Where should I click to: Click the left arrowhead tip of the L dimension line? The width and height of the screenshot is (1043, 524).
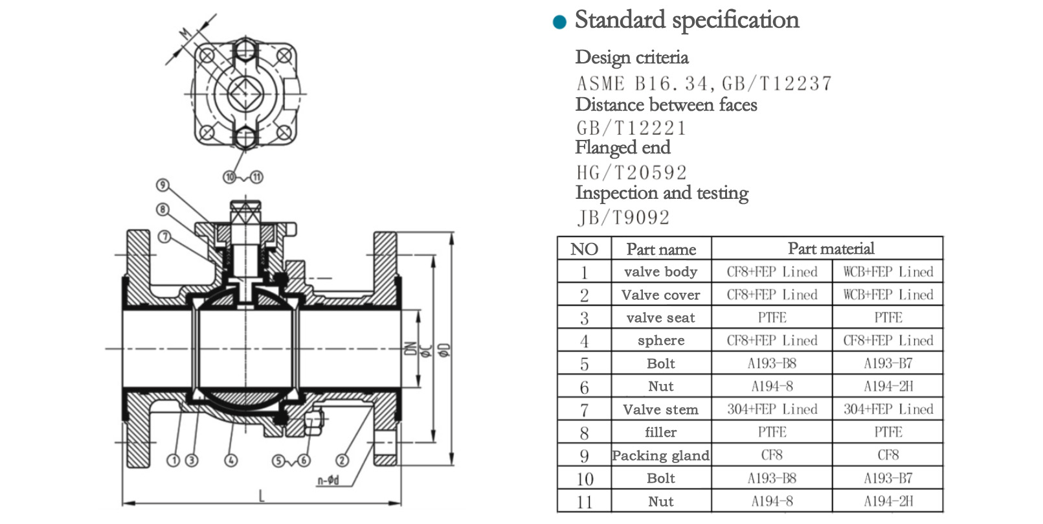pyautogui.click(x=122, y=503)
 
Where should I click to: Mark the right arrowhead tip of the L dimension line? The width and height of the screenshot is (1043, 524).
pyautogui.click(x=401, y=503)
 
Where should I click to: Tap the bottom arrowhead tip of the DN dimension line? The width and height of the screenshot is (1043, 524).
pyautogui.click(x=418, y=387)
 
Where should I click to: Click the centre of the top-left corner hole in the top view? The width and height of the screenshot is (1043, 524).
pyautogui.click(x=207, y=56)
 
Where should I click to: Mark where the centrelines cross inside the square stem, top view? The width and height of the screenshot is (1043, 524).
pyautogui.click(x=245, y=94)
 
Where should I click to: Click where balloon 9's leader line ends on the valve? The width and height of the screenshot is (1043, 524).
pyautogui.click(x=210, y=223)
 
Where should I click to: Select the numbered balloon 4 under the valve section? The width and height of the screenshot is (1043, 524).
pyautogui.click(x=231, y=461)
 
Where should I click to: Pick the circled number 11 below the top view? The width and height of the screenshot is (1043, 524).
pyautogui.click(x=257, y=177)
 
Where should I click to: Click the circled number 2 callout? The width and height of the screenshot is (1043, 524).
pyautogui.click(x=342, y=461)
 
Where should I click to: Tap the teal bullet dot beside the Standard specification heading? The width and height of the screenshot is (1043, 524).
pyautogui.click(x=559, y=21)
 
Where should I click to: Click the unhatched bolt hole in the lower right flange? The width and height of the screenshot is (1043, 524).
pyautogui.click(x=385, y=442)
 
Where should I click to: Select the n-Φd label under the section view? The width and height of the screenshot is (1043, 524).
pyautogui.click(x=328, y=480)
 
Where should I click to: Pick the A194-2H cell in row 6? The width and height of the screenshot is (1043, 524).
pyautogui.click(x=888, y=386)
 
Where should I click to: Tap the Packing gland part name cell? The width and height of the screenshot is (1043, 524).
pyautogui.click(x=661, y=455)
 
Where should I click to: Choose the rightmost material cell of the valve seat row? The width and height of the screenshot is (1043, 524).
pyautogui.click(x=888, y=317)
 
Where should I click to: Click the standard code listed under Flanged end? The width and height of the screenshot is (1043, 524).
pyautogui.click(x=631, y=173)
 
